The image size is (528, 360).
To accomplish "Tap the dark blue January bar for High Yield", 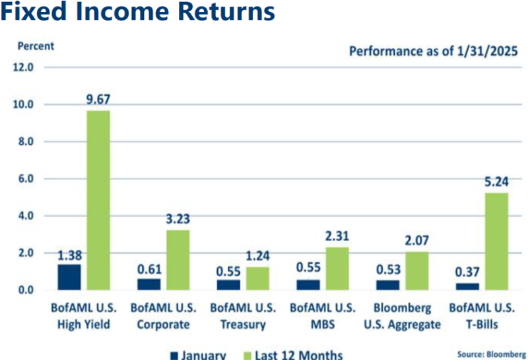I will point(69,277).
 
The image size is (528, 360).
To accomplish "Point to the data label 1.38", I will point(69,254).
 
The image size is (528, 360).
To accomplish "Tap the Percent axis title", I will point(36,46).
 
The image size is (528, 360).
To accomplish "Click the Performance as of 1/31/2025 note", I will point(433,51).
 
